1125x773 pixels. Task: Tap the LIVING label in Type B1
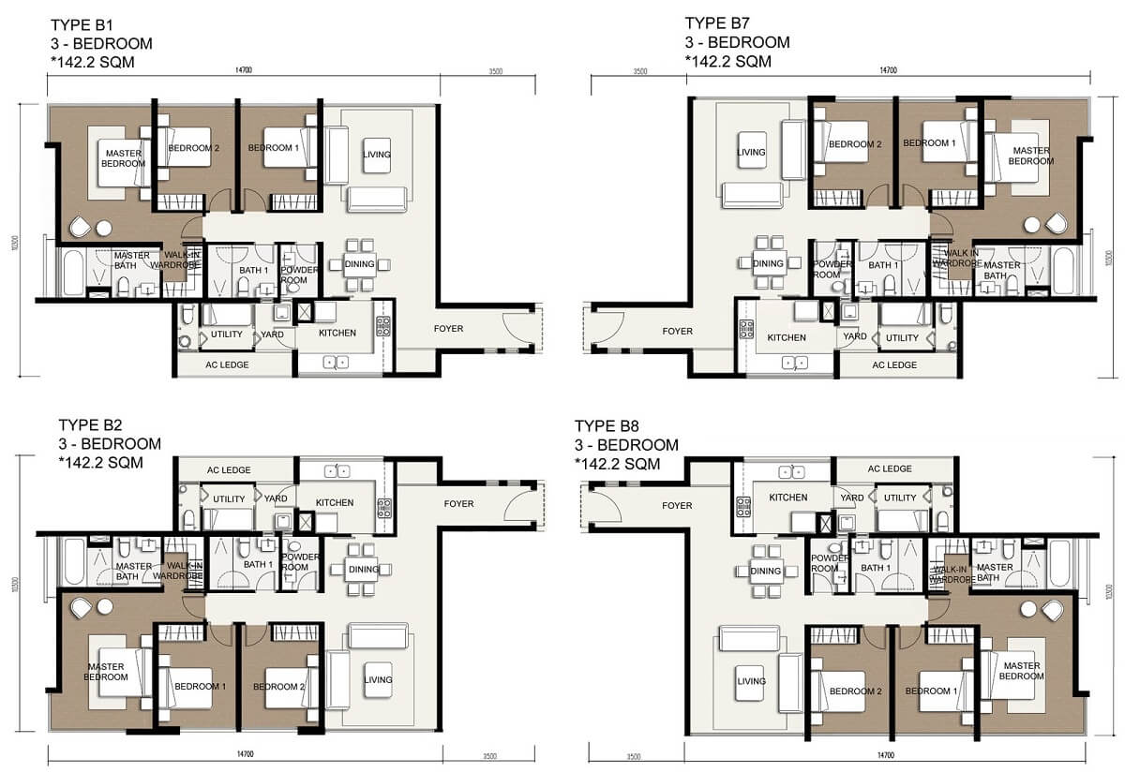[x=377, y=155]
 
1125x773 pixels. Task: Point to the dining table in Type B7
[x=768, y=263]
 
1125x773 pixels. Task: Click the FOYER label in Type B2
[x=459, y=504]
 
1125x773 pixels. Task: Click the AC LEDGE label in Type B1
[x=227, y=364]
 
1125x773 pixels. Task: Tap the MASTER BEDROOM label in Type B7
[x=1030, y=156]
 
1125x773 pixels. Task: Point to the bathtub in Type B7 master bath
[x=1064, y=272]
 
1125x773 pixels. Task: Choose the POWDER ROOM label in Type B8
[x=829, y=563]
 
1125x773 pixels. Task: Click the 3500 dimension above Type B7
[x=640, y=70]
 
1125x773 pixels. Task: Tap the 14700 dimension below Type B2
[x=246, y=754]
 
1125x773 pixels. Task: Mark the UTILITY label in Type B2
[x=228, y=499]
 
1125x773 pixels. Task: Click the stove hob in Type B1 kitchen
[x=383, y=326]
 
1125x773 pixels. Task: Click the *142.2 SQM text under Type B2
[x=101, y=463]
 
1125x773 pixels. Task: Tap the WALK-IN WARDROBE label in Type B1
[x=182, y=260]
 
